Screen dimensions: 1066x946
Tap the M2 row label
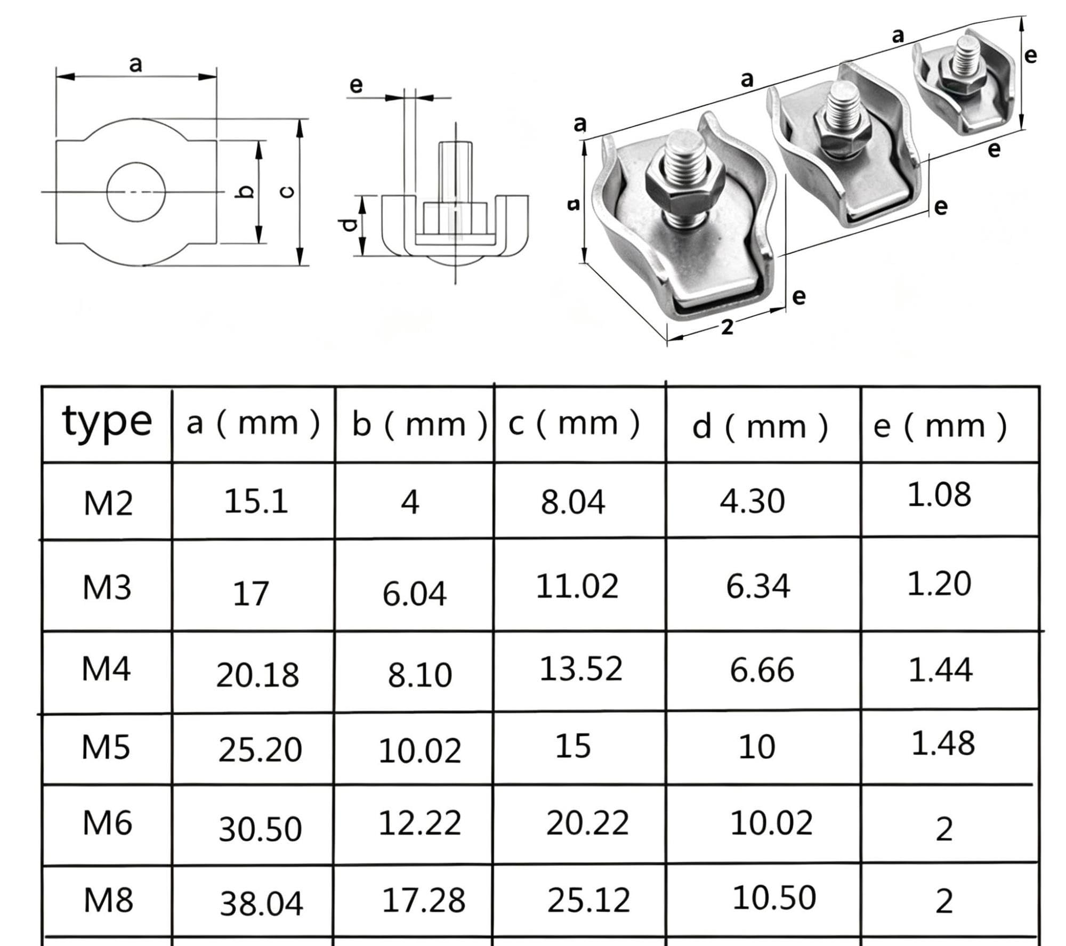[108, 503]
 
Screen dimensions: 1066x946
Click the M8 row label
[108, 900]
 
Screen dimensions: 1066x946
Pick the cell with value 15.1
[256, 502]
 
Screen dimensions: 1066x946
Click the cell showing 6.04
[414, 594]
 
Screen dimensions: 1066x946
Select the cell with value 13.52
[581, 669]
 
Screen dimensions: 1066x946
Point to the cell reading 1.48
[943, 743]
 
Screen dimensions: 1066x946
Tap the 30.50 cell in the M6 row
[260, 829]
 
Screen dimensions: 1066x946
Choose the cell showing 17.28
[424, 900]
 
